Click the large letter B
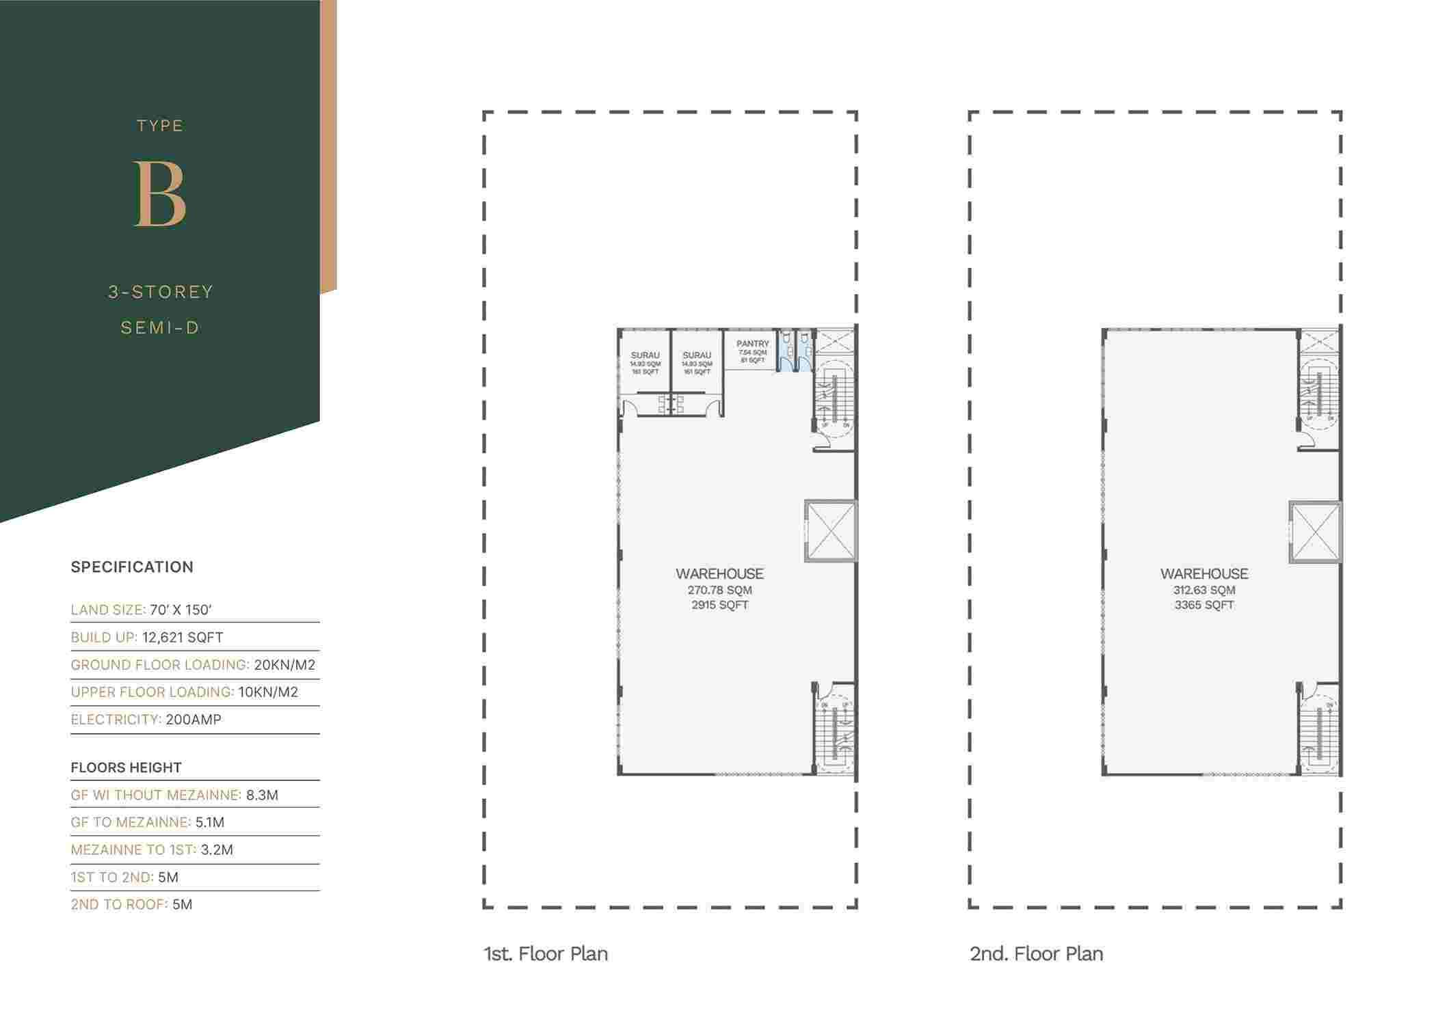[x=160, y=194]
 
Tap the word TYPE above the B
[x=160, y=126]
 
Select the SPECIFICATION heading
[x=132, y=567]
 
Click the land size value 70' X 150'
[x=181, y=610]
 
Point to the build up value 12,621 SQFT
[x=183, y=637]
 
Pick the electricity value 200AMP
[x=194, y=719]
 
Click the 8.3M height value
[x=262, y=795]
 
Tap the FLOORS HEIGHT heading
[x=126, y=767]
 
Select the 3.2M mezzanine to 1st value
[x=217, y=850]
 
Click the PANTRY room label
[x=752, y=344]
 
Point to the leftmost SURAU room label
[x=645, y=355]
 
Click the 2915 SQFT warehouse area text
[x=719, y=605]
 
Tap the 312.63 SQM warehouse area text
[x=1204, y=590]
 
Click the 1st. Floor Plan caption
[x=546, y=953]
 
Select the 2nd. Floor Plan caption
[x=1036, y=953]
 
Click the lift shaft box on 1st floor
[x=831, y=532]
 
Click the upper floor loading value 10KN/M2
[x=268, y=692]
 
